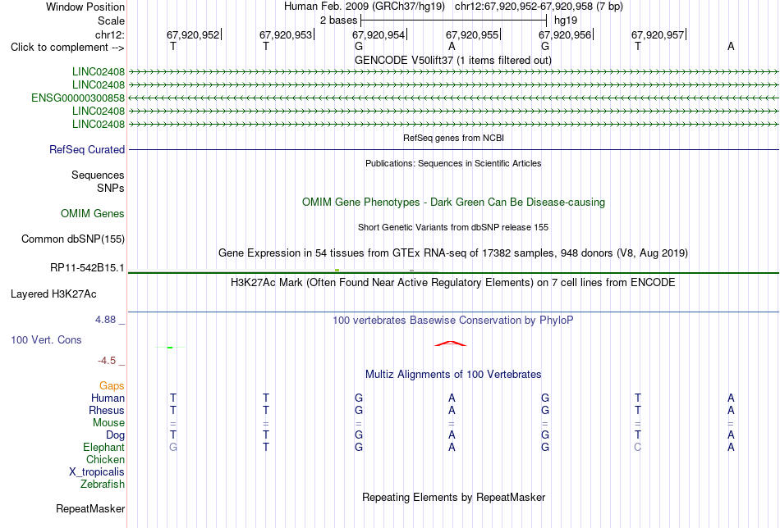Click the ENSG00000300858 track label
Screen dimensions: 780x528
coord(78,98)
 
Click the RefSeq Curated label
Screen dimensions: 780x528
coord(87,149)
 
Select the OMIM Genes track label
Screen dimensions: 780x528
coord(93,214)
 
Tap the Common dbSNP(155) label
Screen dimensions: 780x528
coord(73,239)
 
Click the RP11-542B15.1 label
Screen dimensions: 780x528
coord(87,268)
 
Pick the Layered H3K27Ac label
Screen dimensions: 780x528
coord(53,294)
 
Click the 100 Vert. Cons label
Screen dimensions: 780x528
coord(46,339)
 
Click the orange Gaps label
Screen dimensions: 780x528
coord(112,385)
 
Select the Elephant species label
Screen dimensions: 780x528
coord(103,447)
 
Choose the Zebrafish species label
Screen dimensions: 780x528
coord(103,484)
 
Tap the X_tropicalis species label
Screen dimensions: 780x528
coord(97,472)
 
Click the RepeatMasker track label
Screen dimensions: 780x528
coord(90,508)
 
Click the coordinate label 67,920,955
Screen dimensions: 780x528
coord(471,34)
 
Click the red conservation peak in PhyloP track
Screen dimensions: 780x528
coord(451,344)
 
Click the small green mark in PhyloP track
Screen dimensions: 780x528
coord(170,347)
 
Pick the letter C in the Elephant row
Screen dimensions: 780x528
coord(638,447)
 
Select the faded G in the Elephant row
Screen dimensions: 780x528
coord(173,447)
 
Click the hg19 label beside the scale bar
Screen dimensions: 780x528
coord(566,20)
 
